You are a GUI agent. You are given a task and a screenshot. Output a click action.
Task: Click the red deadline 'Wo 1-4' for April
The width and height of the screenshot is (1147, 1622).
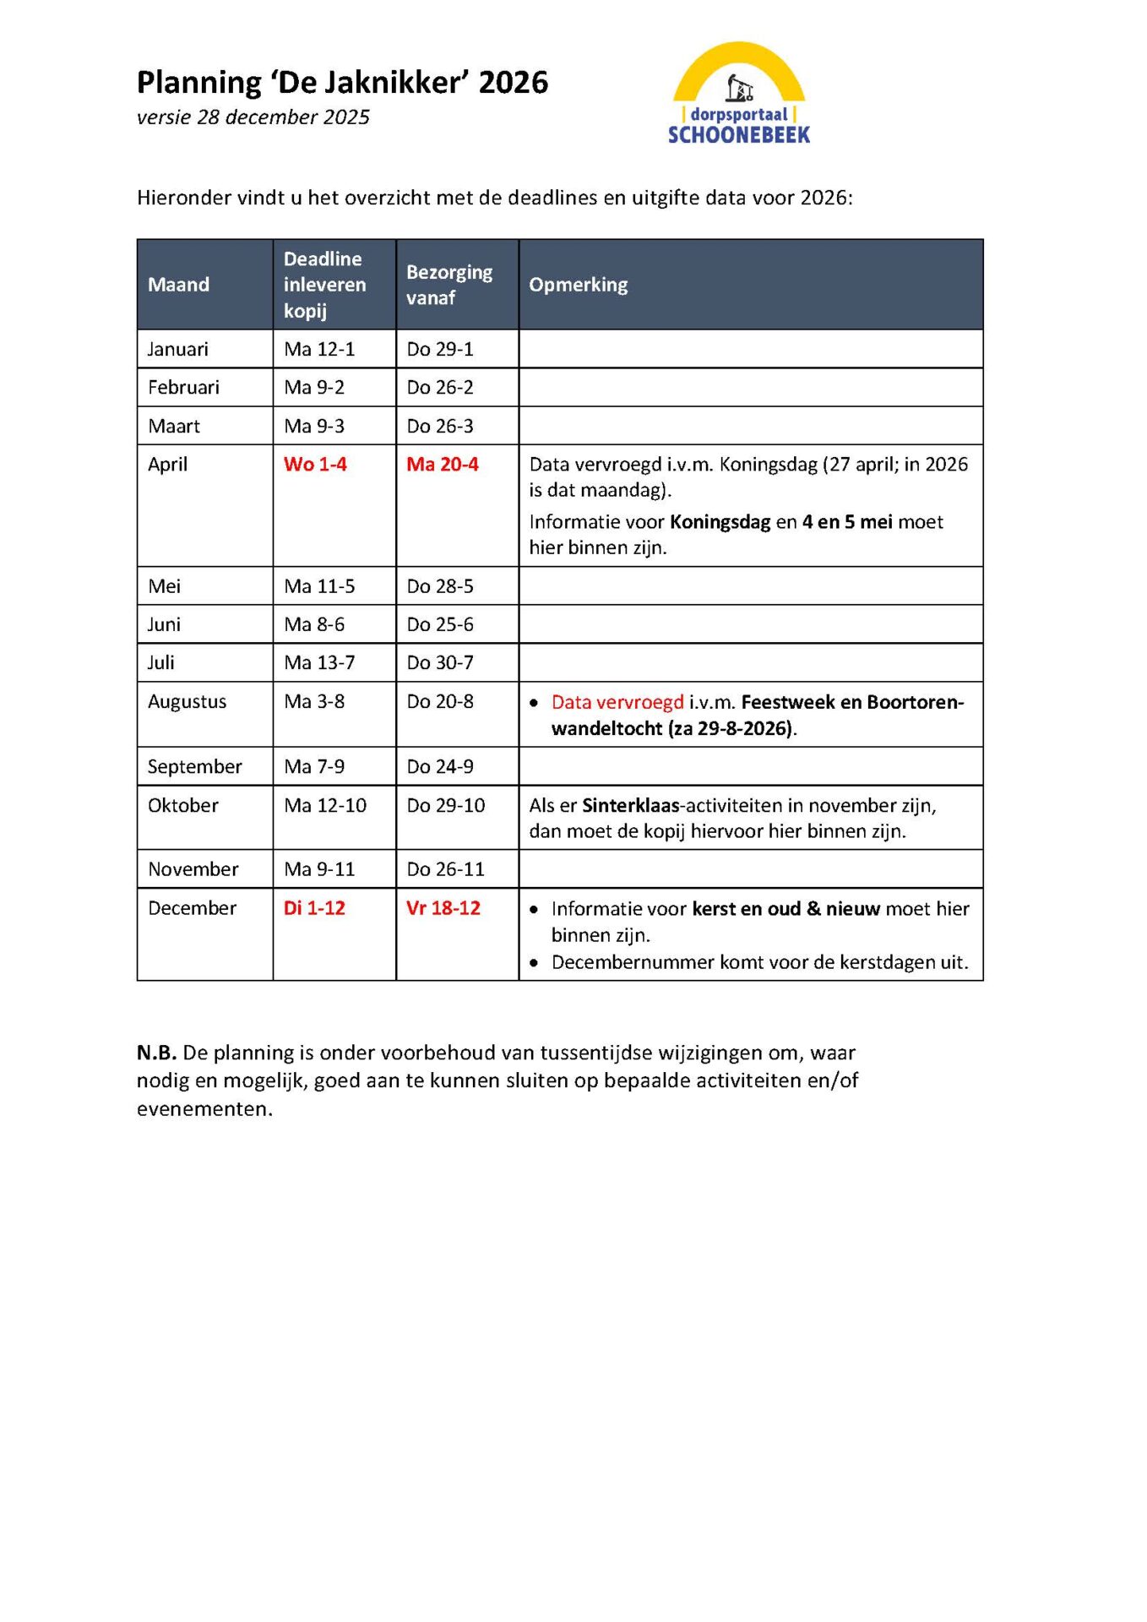coord(315,464)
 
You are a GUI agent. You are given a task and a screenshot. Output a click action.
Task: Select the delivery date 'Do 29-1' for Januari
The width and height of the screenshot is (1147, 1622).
coord(440,349)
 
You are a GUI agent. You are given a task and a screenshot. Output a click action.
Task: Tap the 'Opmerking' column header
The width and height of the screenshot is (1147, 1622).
coord(579,285)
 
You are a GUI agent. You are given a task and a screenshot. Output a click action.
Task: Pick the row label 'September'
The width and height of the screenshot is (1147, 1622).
coord(194,766)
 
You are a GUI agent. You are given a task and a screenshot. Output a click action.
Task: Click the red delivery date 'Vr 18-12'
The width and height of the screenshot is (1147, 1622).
coord(443,908)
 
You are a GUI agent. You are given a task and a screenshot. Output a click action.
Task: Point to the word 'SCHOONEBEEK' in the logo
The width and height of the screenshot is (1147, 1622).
coord(739,135)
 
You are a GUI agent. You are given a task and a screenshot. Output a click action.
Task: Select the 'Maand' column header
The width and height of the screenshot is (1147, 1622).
coord(178,285)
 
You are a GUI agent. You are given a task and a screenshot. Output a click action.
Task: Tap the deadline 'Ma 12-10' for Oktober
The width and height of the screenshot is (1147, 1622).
coord(325,805)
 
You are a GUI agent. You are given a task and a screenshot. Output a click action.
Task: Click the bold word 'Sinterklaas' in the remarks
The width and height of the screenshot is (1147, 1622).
coord(631,805)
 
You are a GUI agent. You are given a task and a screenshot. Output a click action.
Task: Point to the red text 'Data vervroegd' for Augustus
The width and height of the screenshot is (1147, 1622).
coord(617,702)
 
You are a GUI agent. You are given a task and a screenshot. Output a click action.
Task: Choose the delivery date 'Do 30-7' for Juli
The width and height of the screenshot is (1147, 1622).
coord(440,662)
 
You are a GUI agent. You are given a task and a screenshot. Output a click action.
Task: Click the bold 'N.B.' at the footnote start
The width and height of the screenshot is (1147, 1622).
coord(156,1053)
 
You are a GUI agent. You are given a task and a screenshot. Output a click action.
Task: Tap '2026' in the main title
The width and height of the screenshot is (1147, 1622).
coord(514,83)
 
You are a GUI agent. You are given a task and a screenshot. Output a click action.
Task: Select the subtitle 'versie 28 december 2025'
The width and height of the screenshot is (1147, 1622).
coord(253,117)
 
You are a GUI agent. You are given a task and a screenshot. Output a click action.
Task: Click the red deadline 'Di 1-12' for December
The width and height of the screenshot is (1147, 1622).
coord(314,908)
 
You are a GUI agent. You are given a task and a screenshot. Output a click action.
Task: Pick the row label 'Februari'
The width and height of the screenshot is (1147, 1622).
coord(183,387)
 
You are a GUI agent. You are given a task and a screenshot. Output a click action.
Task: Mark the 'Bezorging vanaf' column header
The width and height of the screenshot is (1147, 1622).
coord(449,285)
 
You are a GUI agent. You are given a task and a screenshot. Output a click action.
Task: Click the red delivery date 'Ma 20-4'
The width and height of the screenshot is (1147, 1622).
coord(443,464)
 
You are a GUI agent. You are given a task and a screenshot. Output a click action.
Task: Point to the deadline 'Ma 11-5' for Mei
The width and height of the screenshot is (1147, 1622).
coord(319,585)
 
